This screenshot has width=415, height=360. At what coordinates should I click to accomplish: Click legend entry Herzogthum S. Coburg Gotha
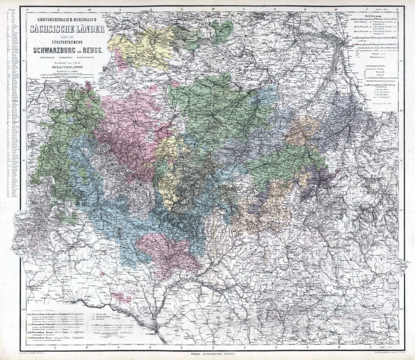click(377, 45)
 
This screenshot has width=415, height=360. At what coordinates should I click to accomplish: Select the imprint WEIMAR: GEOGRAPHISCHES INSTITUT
click(212, 354)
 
